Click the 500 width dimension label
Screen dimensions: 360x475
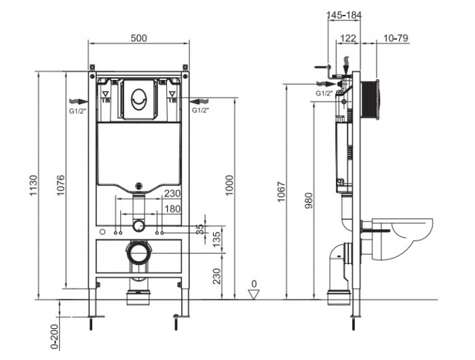pos(138,38)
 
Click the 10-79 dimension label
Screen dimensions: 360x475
pos(395,38)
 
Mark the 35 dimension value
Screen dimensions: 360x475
pos(199,228)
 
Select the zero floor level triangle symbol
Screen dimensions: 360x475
pos(254,292)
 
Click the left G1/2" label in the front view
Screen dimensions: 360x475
pos(75,108)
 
